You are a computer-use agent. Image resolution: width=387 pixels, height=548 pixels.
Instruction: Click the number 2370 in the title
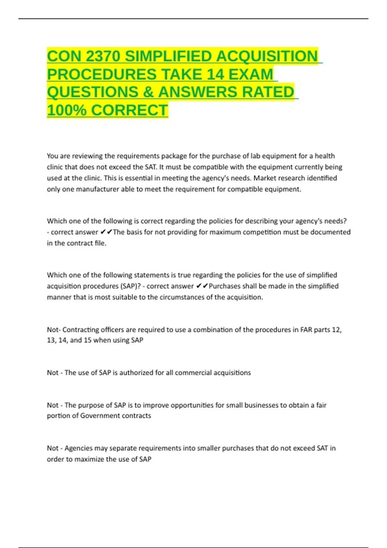pyautogui.click(x=103, y=56)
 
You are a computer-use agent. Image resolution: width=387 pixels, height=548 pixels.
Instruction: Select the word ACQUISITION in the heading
pyautogui.click(x=267, y=56)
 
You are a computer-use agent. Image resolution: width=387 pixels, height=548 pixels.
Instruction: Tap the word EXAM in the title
pyautogui.click(x=251, y=74)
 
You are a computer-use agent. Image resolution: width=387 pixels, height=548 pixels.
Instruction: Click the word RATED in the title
pyautogui.click(x=268, y=92)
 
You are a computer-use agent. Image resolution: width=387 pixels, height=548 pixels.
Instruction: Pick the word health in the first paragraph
pyautogui.click(x=325, y=156)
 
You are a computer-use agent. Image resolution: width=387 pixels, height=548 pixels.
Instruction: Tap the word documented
pyautogui.click(x=330, y=232)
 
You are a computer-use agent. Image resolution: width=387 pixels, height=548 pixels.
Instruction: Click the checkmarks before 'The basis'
pyautogui.click(x=106, y=232)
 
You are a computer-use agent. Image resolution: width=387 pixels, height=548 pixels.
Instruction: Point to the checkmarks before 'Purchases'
pyautogui.click(x=202, y=286)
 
